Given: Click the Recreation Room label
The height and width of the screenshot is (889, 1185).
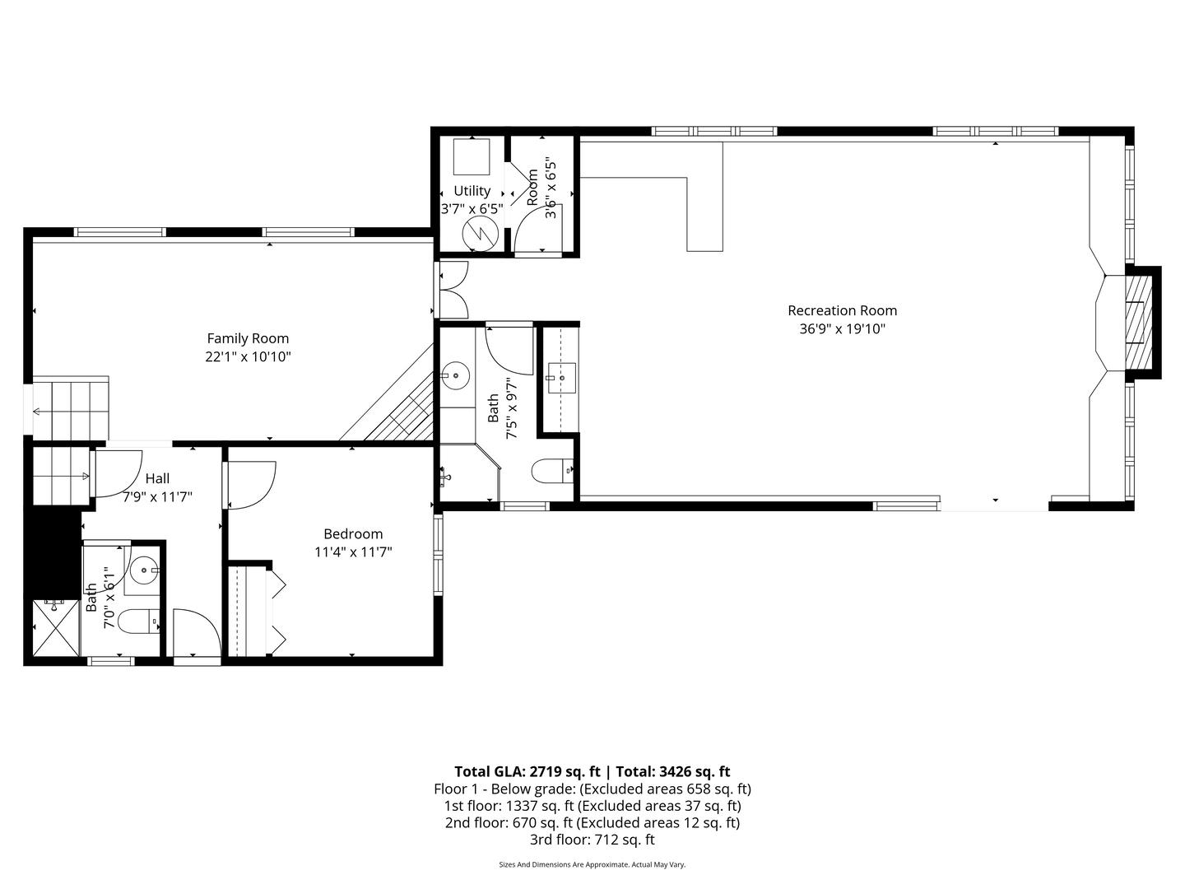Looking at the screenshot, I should [x=842, y=310].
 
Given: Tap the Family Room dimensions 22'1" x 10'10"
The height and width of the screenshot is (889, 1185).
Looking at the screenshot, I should [x=248, y=356].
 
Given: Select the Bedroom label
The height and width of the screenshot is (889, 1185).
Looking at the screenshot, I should [x=353, y=533].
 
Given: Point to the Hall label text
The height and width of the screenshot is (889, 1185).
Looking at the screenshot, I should [x=157, y=478].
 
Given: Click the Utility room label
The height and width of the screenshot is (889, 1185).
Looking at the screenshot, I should [x=472, y=191].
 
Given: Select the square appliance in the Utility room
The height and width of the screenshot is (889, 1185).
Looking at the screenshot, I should [x=472, y=156].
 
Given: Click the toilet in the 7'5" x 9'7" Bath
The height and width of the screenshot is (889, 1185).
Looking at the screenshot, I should [x=552, y=471].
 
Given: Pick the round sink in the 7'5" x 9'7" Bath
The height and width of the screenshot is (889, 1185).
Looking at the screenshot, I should [x=454, y=376].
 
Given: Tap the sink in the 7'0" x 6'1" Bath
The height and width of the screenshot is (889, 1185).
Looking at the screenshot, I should [x=144, y=568].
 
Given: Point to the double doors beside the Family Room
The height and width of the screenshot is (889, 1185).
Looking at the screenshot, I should [x=453, y=290].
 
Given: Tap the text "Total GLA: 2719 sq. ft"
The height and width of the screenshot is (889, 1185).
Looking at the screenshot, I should [x=527, y=771].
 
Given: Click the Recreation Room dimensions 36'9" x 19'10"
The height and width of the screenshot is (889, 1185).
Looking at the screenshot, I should [x=842, y=328].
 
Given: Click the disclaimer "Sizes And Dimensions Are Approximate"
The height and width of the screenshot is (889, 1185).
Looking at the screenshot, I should [x=564, y=864].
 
